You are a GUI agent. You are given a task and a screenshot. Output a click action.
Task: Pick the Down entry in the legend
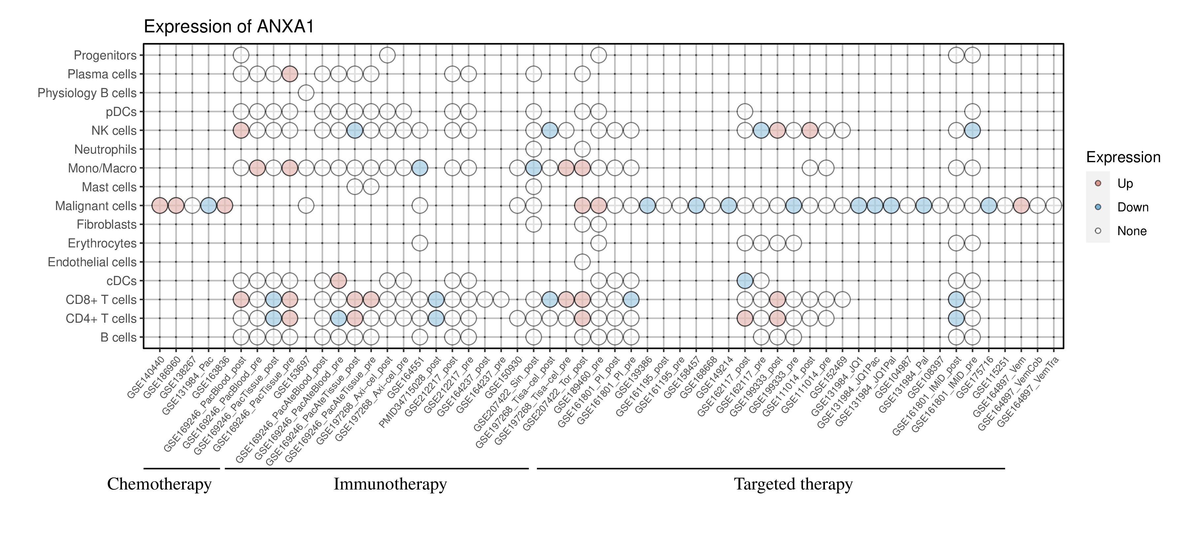(1132, 207)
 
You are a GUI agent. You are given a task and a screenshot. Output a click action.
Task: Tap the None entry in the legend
(1131, 231)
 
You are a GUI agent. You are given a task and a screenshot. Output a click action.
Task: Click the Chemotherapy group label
(159, 485)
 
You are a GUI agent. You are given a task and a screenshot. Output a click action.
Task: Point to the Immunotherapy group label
(390, 485)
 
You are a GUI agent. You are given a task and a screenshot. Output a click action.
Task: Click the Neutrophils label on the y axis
(105, 150)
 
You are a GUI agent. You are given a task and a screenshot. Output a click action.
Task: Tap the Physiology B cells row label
(87, 93)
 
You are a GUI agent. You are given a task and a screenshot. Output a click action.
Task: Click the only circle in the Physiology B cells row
(306, 93)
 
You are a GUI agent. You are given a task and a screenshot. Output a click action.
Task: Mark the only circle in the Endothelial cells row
(582, 262)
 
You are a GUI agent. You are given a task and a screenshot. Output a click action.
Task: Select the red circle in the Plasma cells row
(290, 74)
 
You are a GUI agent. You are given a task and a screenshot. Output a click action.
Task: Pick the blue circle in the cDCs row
(745, 280)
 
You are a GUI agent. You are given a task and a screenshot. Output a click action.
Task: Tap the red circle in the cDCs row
(339, 280)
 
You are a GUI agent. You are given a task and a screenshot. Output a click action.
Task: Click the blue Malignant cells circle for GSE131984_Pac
(209, 205)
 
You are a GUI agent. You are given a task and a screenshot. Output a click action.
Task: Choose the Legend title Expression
(1123, 157)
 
